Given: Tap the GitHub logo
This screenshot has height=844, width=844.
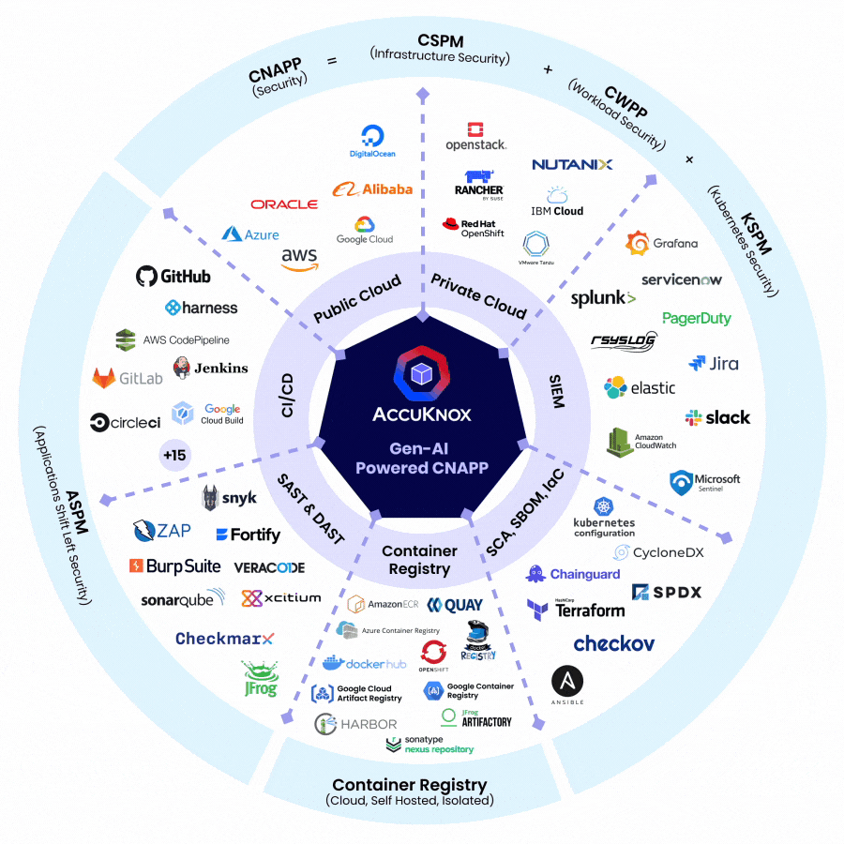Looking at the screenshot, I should tap(173, 276).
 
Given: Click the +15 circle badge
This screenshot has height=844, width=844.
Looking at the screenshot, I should tap(175, 457).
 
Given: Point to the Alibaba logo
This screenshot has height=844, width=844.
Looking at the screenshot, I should tap(372, 188).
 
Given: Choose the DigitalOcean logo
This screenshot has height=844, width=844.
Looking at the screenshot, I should tap(372, 142).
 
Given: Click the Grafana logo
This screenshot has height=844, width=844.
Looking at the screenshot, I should tap(662, 243).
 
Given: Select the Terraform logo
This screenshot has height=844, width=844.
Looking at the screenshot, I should tap(576, 609).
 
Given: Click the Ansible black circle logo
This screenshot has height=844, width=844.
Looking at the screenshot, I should tap(567, 683).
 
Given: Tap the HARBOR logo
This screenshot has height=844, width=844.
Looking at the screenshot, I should tap(355, 724).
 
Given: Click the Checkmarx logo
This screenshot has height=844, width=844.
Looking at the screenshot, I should tap(225, 639).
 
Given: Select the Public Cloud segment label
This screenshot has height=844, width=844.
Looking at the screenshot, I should tap(357, 297).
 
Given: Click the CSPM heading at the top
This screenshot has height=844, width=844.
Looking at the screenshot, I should tap(440, 40).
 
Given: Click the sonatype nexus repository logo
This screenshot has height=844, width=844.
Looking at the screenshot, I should tap(430, 745).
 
